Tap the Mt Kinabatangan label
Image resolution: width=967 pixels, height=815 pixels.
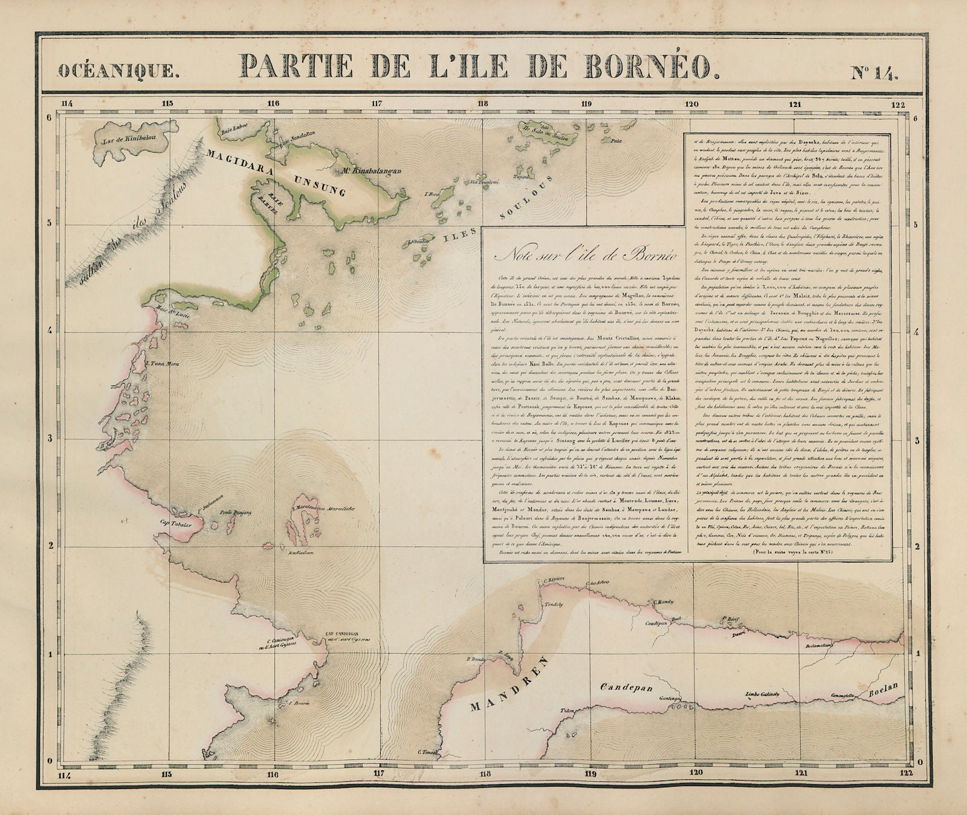(371, 171)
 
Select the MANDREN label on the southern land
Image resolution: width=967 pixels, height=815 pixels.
(505, 683)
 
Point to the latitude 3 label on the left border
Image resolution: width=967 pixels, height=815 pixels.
(50, 438)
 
